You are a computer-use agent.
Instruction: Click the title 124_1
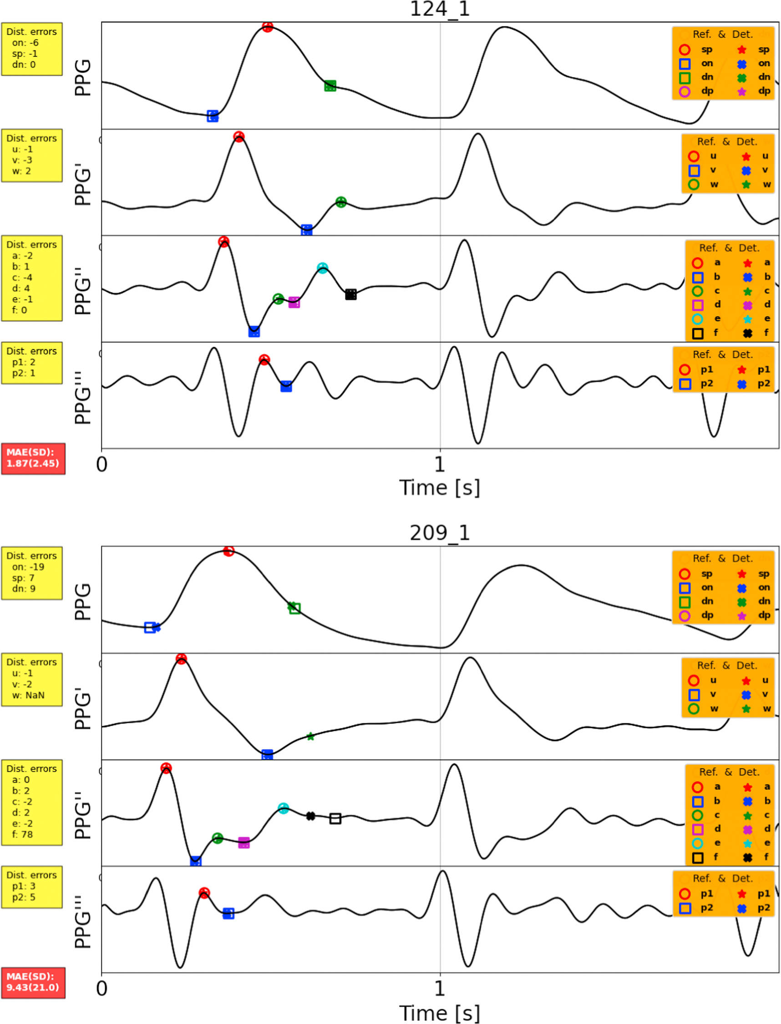[439, 9]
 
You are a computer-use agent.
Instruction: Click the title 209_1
[439, 532]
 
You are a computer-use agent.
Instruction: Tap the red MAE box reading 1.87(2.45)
[33, 458]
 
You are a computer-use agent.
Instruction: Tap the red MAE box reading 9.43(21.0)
[33, 982]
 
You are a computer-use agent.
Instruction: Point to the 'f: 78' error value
[22, 834]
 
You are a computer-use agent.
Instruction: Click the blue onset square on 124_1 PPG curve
[213, 116]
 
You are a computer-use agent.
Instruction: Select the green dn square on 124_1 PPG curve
[330, 86]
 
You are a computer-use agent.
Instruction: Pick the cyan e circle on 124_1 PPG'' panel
[322, 268]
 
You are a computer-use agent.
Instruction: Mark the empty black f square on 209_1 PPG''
[335, 819]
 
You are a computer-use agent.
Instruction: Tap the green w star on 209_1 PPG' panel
[310, 737]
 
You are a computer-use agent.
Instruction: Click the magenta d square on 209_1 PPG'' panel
[243, 843]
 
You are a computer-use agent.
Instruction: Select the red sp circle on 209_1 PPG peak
[228, 551]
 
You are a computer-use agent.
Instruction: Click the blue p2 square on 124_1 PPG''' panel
[286, 387]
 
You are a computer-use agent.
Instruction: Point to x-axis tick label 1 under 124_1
[439, 464]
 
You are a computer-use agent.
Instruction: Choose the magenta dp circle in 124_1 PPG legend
[685, 91]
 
